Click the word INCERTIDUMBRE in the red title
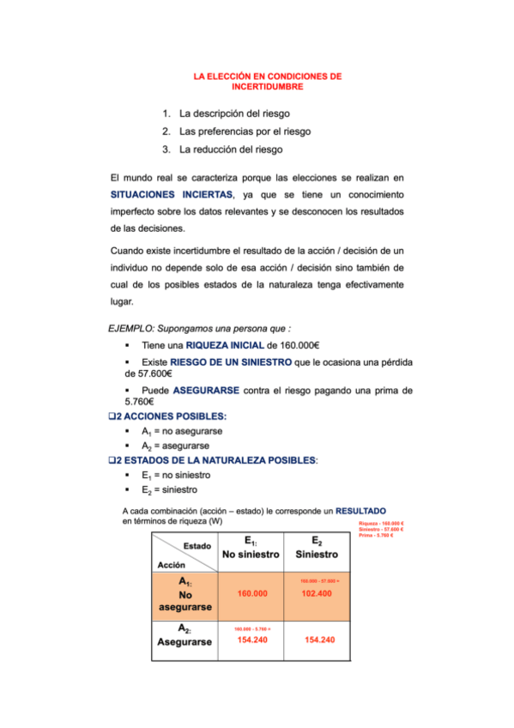click(269, 87)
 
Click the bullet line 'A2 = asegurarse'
click(175, 446)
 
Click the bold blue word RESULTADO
click(366, 510)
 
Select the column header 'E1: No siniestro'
click(251, 548)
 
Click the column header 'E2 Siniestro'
click(317, 548)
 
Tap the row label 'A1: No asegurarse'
click(185, 594)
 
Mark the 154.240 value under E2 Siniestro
click(319, 640)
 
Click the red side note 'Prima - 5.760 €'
click(382, 537)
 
